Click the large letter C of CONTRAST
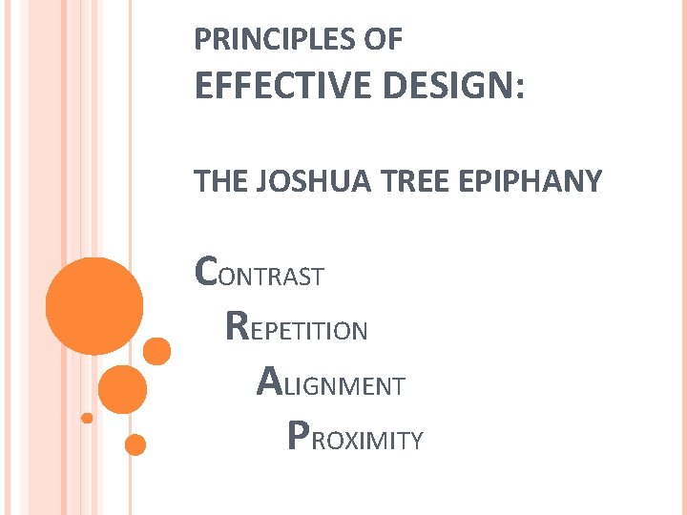206,272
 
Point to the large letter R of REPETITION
239,326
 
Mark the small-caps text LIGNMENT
343,386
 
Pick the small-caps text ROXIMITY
367,441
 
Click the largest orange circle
95,306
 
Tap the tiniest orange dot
87,418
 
